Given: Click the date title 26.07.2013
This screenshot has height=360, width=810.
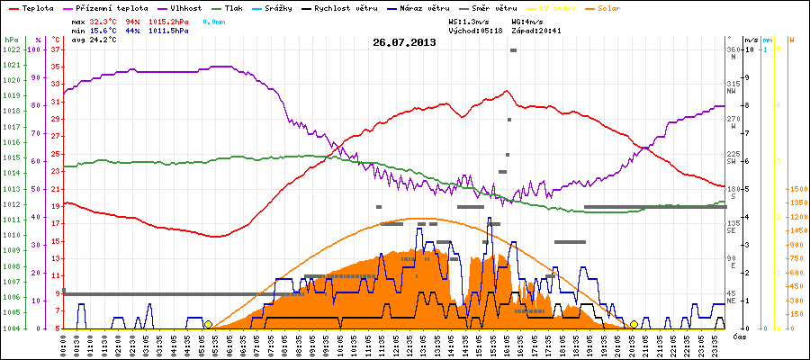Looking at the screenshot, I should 404,41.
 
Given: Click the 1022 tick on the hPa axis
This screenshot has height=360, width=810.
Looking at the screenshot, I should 11,49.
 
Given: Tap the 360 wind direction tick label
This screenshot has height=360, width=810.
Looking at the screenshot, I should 733,49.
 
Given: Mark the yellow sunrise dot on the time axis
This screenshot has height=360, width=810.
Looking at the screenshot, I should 208,325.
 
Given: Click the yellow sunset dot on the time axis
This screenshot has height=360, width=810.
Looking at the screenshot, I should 634,325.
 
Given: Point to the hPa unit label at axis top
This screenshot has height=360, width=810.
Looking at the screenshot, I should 10,40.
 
